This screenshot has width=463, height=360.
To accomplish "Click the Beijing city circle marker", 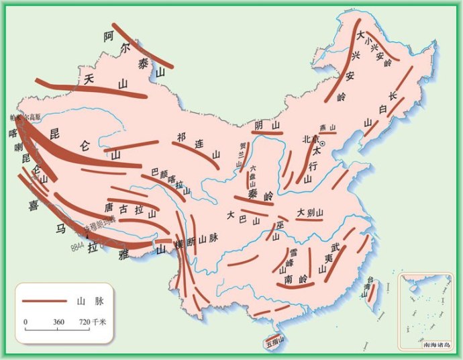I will [x=322, y=143].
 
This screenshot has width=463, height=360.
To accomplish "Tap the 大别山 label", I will [x=310, y=212].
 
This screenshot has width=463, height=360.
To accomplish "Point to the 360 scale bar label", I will [x=58, y=322].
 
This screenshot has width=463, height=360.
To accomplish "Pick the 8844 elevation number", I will [x=80, y=247].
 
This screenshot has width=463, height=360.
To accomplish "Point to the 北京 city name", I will [x=309, y=140].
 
